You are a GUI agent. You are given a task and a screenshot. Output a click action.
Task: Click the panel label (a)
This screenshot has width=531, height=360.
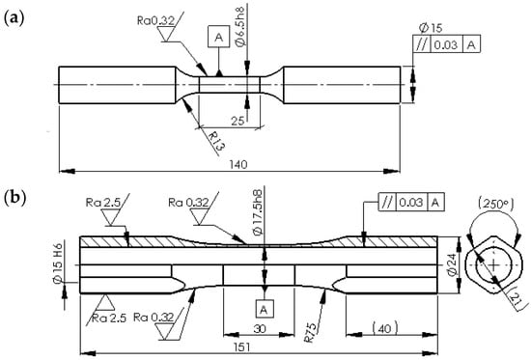coord(14,18)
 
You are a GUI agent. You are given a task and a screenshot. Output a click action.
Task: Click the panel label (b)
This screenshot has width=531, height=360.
coord(14,199)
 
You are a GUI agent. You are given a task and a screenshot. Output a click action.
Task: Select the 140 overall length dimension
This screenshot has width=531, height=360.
coord(238,165)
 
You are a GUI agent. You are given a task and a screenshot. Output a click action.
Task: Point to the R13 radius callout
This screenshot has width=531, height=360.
coord(216,141)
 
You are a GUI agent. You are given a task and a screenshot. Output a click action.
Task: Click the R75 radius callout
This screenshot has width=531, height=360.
coord(311,333)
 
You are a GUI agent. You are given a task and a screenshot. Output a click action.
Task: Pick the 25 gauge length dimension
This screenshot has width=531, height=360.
coord(238,121)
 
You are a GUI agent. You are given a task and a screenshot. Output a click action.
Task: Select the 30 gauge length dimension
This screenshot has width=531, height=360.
coord(260,328)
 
